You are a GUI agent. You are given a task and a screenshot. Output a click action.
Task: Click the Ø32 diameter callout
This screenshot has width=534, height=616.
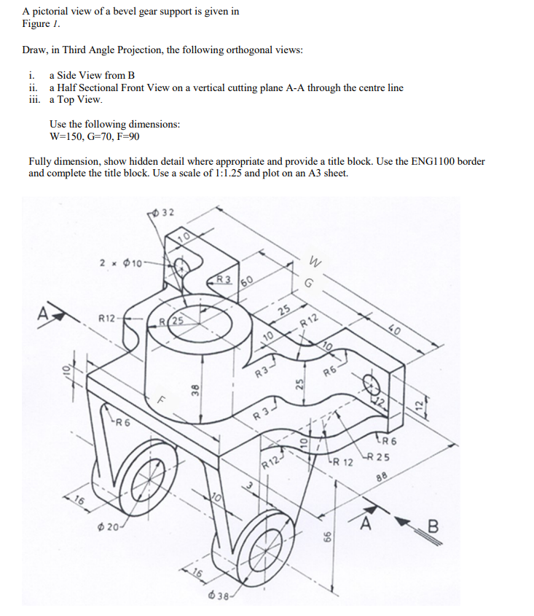click(x=164, y=212)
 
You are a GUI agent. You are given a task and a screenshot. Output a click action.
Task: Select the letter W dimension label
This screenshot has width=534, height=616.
click(x=315, y=259)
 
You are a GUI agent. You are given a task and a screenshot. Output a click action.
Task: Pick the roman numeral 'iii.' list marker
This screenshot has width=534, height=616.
click(x=31, y=99)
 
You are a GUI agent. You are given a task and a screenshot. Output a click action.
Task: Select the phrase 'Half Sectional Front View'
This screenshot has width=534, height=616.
click(x=111, y=87)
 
